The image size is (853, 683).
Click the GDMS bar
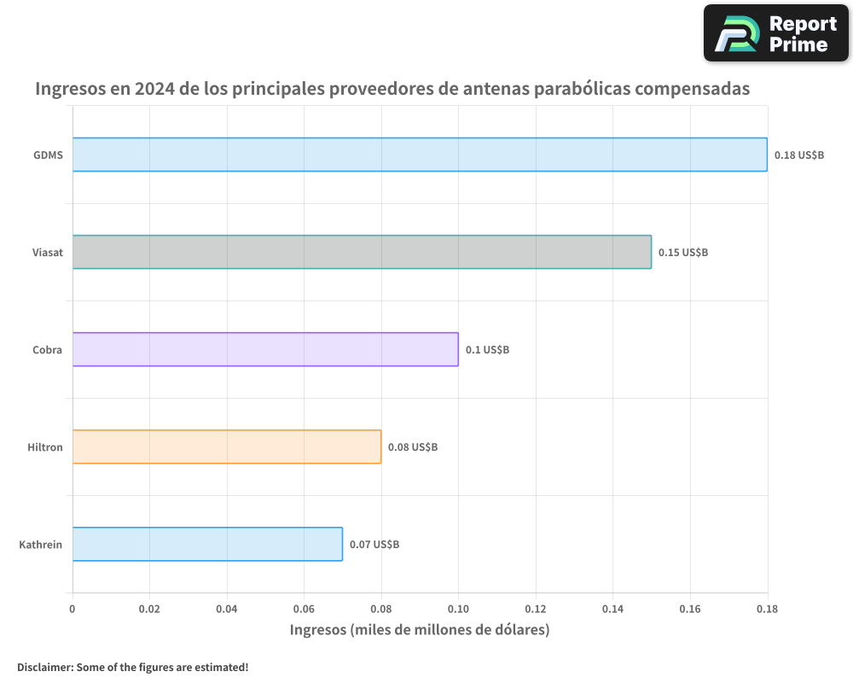(x=420, y=155)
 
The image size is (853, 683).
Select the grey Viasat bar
(x=362, y=252)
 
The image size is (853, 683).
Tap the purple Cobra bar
(x=265, y=349)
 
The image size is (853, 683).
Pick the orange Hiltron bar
(x=227, y=447)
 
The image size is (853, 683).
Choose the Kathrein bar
(x=207, y=544)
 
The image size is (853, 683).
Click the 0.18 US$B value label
(x=799, y=155)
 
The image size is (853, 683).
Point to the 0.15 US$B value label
(x=683, y=253)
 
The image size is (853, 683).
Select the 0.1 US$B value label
(x=487, y=350)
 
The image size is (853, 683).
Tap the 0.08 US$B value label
(x=413, y=447)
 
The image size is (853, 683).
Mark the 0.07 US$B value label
(x=374, y=545)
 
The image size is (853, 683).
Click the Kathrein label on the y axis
(x=41, y=545)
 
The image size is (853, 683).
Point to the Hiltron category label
(x=45, y=447)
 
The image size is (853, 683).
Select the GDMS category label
(x=49, y=155)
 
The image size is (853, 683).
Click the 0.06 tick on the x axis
(x=304, y=610)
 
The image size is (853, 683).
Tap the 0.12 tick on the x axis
(x=536, y=610)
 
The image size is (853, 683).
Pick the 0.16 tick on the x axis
(x=690, y=610)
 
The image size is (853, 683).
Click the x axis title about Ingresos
(x=420, y=630)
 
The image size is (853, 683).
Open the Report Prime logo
(x=776, y=33)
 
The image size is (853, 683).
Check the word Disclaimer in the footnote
(x=44, y=667)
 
